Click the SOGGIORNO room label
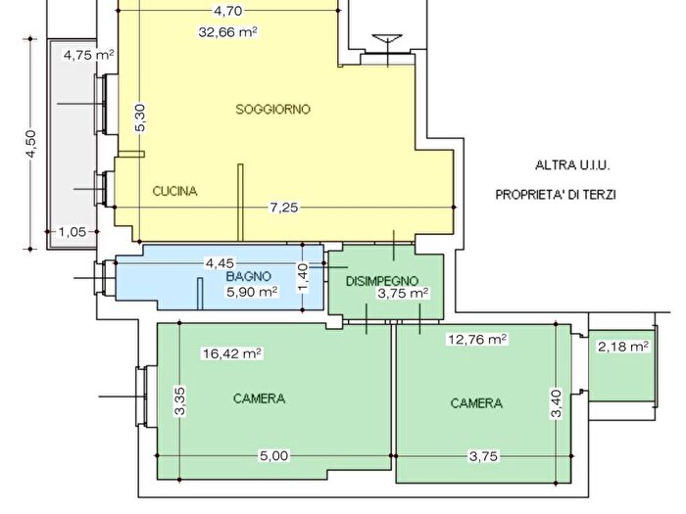tap(273, 109)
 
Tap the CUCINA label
tap(175, 191)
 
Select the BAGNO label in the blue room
tap(249, 276)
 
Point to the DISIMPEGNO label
tap(382, 281)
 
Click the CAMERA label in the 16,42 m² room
tap(259, 398)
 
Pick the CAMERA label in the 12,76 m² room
tap(476, 403)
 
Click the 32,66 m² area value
tap(227, 32)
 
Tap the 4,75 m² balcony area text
tap(89, 55)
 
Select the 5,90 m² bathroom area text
tap(252, 292)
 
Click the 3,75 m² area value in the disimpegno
tap(403, 294)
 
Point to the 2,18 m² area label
tap(623, 347)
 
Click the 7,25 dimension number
tap(283, 208)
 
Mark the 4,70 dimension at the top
tap(228, 11)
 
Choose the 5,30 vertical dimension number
tap(140, 117)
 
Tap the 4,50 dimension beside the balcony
tap(31, 144)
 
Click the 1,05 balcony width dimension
tap(73, 232)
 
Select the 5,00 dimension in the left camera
tap(274, 456)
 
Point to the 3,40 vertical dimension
tap(557, 403)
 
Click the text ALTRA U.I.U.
tap(572, 165)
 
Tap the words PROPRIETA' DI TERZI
tap(556, 195)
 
